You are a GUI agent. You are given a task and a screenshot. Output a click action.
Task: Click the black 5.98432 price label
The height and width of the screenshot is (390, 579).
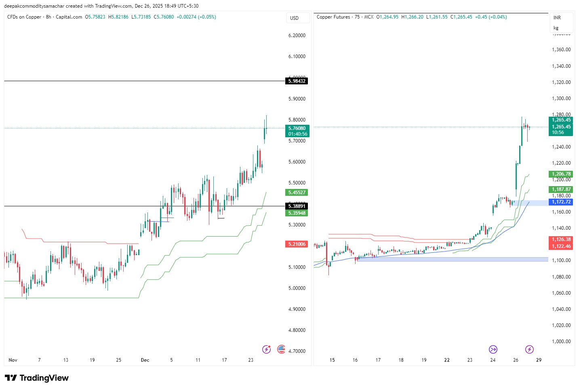[x=297, y=81]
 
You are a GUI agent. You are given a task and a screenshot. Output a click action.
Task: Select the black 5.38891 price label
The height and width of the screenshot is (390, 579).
[x=297, y=206]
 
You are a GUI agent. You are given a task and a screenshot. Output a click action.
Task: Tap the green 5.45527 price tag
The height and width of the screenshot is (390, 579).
[x=297, y=193]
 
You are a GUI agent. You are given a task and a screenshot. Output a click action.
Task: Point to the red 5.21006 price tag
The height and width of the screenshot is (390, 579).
[x=297, y=244]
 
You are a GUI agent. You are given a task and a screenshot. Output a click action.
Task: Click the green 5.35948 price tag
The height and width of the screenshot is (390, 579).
[x=297, y=213]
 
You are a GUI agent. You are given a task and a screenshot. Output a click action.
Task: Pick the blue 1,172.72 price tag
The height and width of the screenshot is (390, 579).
[x=561, y=202]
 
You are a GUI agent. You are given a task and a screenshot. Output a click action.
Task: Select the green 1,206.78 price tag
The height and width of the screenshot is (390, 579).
[x=561, y=174]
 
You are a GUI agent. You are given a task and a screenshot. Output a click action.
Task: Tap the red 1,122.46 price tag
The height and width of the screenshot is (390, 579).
[x=561, y=246]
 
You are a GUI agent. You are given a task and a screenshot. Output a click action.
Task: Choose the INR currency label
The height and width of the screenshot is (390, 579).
[x=557, y=18]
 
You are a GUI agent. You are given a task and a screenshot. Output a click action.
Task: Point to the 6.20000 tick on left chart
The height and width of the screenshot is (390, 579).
[x=297, y=36]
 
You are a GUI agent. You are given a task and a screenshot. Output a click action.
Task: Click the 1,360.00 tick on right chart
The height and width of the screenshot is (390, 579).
[x=561, y=50]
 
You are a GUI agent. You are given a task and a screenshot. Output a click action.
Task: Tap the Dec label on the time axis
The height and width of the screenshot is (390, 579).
[x=145, y=360]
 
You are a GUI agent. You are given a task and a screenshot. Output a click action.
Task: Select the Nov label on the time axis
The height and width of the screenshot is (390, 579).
[x=13, y=360]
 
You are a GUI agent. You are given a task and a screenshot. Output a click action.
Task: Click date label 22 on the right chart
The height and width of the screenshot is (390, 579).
[x=447, y=360]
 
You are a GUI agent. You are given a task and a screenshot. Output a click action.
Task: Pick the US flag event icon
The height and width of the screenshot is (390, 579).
[x=281, y=349]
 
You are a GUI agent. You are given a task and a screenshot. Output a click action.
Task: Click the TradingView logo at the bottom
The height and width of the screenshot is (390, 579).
[x=37, y=378]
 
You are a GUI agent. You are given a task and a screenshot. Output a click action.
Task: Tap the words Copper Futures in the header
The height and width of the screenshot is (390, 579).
[x=333, y=17]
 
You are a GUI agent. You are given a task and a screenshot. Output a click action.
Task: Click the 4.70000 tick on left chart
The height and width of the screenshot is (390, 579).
[x=297, y=351]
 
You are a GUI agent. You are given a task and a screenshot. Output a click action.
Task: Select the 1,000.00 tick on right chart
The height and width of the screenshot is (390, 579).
[x=561, y=342]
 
